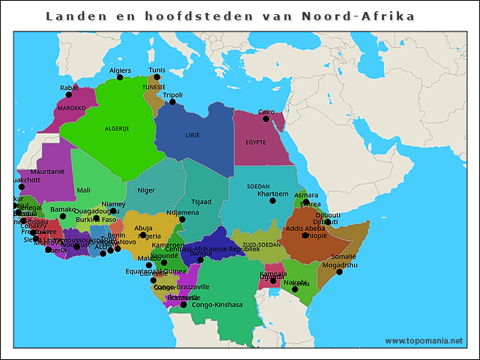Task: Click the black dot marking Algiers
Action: coord(120,77)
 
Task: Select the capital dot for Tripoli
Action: coord(172,102)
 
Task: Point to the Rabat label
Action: coord(68,88)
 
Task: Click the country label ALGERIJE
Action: coord(117,128)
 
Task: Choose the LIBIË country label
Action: coord(193,136)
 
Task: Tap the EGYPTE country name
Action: coord(256,142)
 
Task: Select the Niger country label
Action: coord(146,190)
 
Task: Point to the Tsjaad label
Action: coord(201,202)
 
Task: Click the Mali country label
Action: coord(83,190)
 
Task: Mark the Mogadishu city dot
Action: coord(340,272)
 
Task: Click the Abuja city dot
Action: coord(143,235)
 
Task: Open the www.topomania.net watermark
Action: coord(424,340)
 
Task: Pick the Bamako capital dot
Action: coord(63,217)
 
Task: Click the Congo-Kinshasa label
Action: coord(217,304)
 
